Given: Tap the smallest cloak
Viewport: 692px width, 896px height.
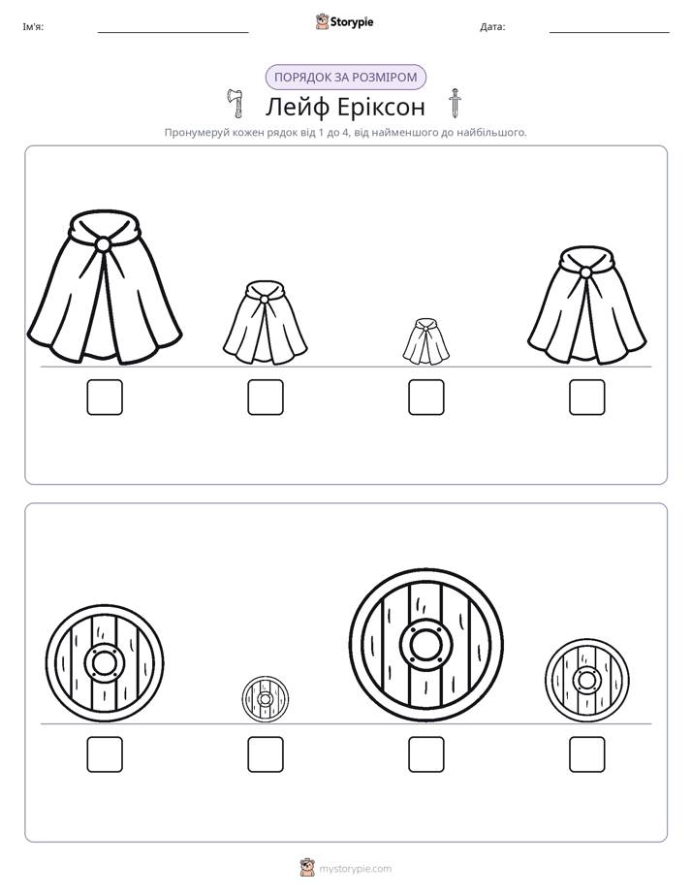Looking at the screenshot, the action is click(x=425, y=341).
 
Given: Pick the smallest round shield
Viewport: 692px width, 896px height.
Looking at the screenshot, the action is click(x=265, y=699).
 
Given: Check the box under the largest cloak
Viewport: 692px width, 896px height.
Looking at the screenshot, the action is click(x=105, y=398).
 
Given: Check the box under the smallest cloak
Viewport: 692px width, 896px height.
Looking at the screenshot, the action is click(x=425, y=398).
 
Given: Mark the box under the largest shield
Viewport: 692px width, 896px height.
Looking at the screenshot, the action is click(x=425, y=754).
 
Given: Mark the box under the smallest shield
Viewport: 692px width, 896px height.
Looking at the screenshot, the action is click(x=266, y=754).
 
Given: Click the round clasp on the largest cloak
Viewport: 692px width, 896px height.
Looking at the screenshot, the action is click(x=103, y=244).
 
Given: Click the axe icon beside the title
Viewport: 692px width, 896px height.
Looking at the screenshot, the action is click(x=235, y=103).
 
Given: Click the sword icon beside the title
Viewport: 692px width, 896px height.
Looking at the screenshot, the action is click(x=455, y=103).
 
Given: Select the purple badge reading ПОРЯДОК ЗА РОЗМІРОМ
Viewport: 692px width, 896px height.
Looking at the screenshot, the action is click(x=345, y=78).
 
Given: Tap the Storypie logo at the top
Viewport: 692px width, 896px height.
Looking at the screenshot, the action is click(x=344, y=21).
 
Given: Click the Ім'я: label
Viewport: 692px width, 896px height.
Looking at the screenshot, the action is click(x=33, y=27).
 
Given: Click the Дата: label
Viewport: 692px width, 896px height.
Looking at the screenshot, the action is click(x=492, y=27).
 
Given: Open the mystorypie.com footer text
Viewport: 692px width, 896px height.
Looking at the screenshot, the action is click(x=355, y=869).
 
